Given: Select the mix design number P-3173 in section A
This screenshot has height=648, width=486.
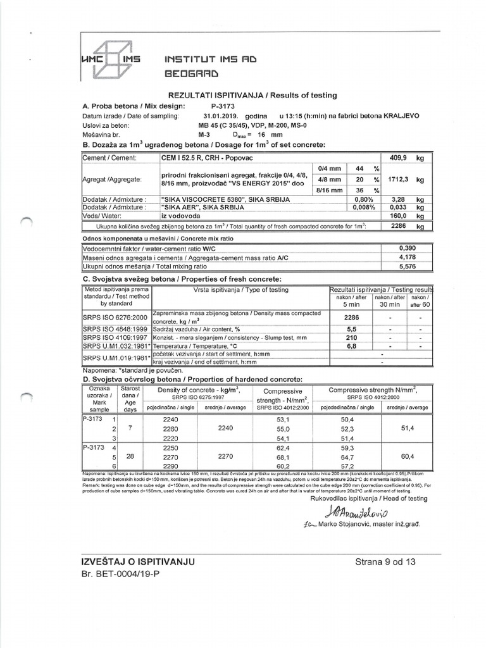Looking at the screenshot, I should click(x=223, y=106).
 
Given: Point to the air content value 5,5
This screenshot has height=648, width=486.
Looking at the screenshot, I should click(x=350, y=330).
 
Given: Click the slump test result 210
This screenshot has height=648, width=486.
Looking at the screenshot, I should click(x=350, y=338).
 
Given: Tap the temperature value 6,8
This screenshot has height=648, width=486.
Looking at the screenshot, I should click(x=350, y=347).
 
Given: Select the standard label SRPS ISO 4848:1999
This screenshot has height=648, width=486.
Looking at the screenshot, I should click(x=115, y=330).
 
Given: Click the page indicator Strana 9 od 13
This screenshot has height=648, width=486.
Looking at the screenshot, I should click(x=386, y=562).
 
